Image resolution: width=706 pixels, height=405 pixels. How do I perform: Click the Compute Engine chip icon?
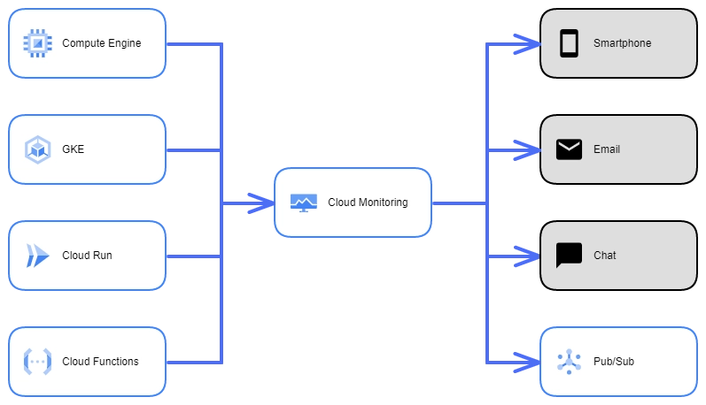tap(37, 43)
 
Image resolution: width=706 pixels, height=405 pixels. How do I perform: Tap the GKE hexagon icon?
tap(37, 149)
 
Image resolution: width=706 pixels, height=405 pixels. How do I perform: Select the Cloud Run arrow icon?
tap(37, 256)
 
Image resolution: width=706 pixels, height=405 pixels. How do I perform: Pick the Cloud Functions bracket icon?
tap(37, 362)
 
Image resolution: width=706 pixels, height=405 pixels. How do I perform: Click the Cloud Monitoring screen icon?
tap(303, 202)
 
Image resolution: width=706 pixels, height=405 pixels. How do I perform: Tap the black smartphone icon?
tap(569, 43)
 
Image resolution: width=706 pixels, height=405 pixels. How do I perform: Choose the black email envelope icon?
tap(569, 149)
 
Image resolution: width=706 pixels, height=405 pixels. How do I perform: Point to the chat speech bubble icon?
tap(569, 256)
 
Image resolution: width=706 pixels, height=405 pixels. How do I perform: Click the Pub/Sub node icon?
tap(569, 362)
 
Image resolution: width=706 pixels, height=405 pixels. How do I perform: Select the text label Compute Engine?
tap(101, 43)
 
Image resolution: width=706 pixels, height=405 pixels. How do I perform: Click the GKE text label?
tap(73, 149)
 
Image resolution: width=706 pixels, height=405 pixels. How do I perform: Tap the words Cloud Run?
tap(87, 256)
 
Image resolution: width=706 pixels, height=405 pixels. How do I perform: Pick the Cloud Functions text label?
tap(100, 362)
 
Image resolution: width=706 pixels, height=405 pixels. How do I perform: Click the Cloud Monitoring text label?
tap(368, 202)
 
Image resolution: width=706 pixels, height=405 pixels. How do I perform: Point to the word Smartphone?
tap(622, 43)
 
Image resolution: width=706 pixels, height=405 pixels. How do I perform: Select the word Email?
tap(607, 149)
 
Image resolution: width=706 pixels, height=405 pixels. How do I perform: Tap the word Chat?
tap(605, 256)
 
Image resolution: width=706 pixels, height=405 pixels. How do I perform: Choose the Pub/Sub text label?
tap(614, 362)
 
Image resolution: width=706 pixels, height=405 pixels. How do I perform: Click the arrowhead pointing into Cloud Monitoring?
tap(261, 202)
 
